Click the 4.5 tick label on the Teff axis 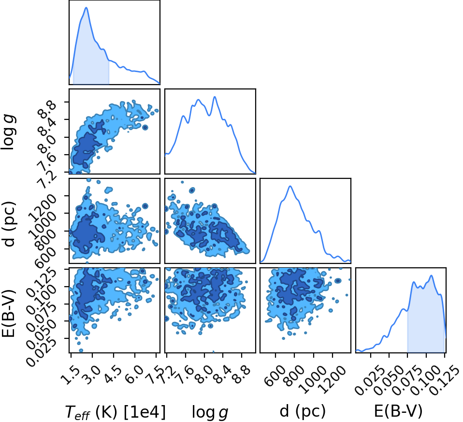click(x=113, y=375)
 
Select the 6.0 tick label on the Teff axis click(x=134, y=375)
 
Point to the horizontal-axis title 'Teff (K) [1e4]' click(x=115, y=412)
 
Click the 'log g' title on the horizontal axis click(x=210, y=412)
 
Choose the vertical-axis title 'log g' click(x=9, y=132)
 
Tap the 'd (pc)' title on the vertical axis click(x=9, y=224)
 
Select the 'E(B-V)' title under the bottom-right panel click(x=398, y=411)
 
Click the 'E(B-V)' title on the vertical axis click(x=9, y=313)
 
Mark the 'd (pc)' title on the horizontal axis click(x=303, y=411)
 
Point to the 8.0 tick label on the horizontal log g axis click(x=203, y=375)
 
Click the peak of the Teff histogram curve click(x=86, y=8)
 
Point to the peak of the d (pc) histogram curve click(x=290, y=186)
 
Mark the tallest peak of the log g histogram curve click(x=215, y=97)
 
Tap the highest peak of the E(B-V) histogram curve click(x=432, y=276)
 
